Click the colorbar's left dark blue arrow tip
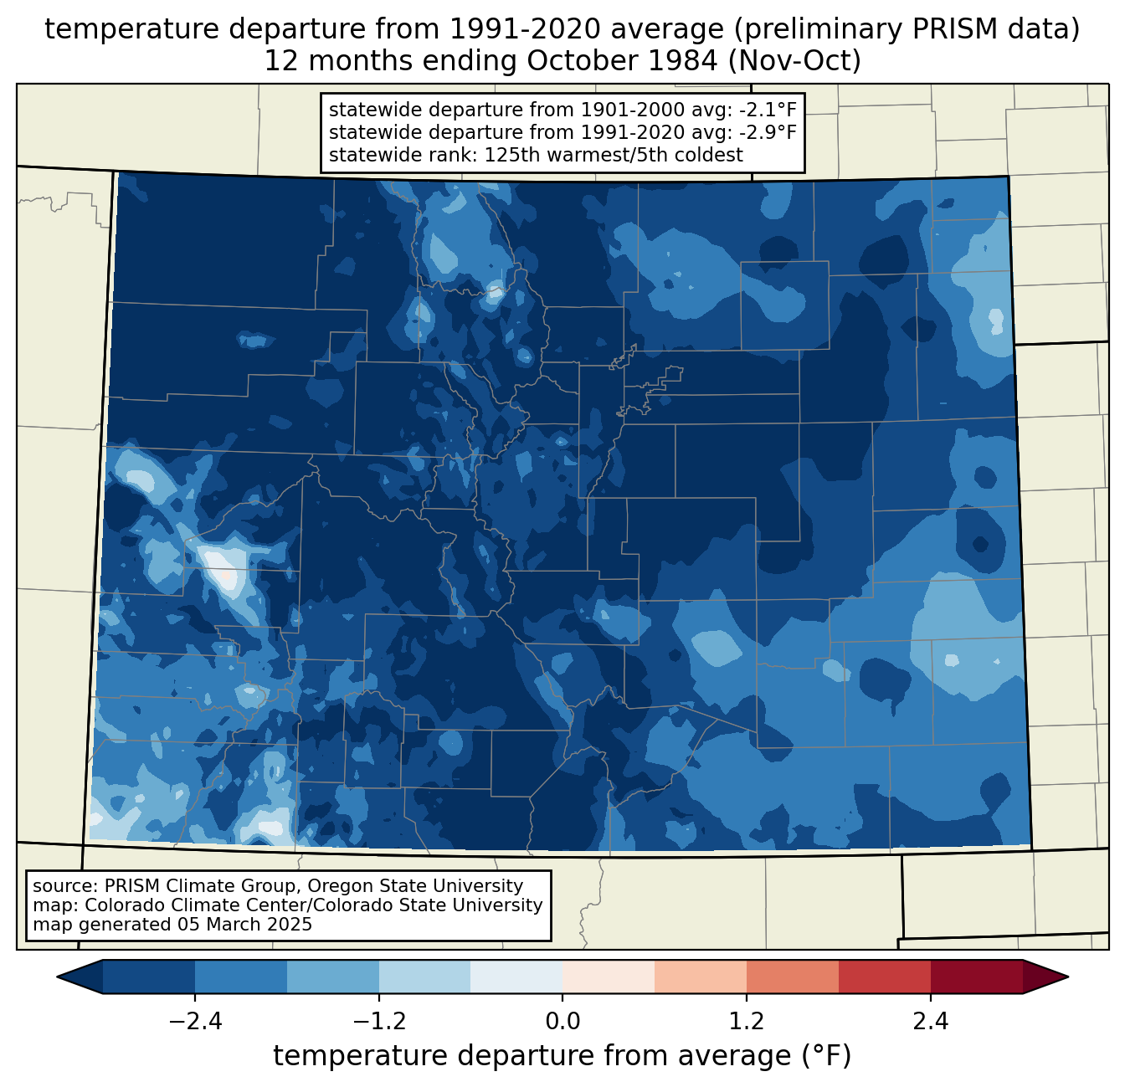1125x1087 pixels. pyautogui.click(x=57, y=977)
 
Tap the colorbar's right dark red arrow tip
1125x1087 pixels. pyautogui.click(x=1068, y=977)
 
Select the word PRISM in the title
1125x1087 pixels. pyautogui.click(x=948, y=29)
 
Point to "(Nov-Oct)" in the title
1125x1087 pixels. pyautogui.click(x=794, y=61)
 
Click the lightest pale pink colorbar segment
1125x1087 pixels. pyautogui.click(x=609, y=977)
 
